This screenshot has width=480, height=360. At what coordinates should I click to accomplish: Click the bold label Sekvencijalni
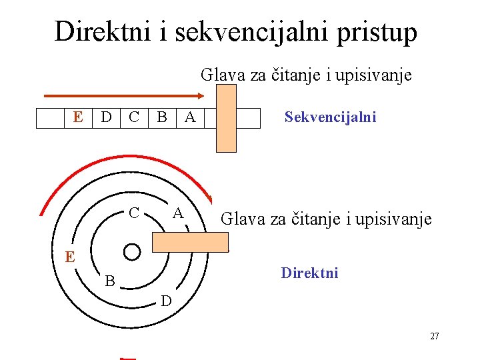click(330, 117)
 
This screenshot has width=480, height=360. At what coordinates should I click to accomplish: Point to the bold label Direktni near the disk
click(309, 273)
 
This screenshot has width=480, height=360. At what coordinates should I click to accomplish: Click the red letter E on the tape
click(78, 117)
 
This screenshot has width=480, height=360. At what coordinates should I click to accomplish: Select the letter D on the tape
click(105, 117)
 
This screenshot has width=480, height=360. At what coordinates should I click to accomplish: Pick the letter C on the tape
click(134, 117)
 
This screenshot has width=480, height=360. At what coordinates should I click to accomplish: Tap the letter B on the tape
click(161, 117)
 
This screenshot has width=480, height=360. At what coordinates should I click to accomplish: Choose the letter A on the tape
click(190, 117)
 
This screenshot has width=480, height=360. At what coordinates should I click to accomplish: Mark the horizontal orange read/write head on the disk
click(190, 242)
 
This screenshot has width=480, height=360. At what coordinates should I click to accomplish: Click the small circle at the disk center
click(132, 251)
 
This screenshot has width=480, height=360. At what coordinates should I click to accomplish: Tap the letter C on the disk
click(134, 213)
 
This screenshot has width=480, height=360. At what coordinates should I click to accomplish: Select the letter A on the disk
click(177, 213)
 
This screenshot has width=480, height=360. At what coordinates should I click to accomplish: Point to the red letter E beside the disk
click(69, 257)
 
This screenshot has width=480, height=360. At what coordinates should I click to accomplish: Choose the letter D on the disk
click(166, 301)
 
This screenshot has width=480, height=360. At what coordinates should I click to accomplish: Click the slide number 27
click(434, 336)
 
